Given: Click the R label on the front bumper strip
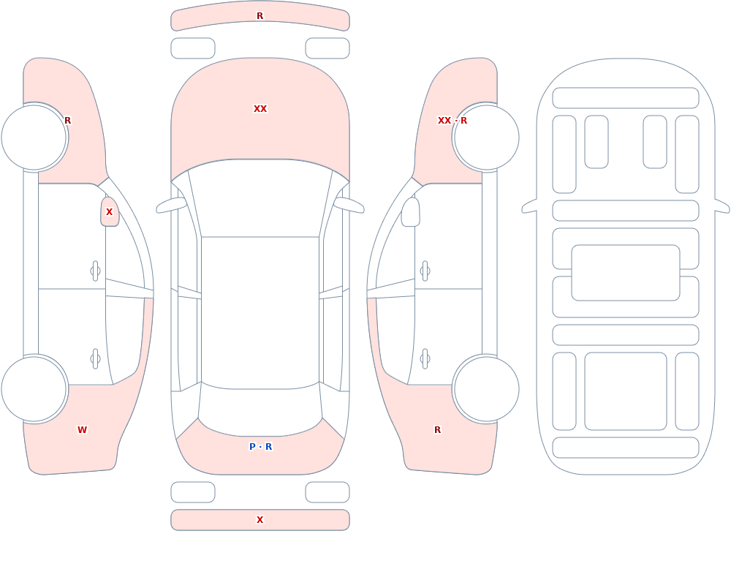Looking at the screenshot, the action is pyautogui.click(x=260, y=16).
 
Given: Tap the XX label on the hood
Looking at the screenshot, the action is pyautogui.click(x=260, y=109).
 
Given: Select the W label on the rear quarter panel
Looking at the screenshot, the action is pyautogui.click(x=82, y=430).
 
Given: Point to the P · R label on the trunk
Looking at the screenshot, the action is pyautogui.click(x=261, y=447).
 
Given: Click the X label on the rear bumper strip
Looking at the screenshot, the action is pyautogui.click(x=260, y=520).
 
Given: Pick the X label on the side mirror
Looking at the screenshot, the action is pyautogui.click(x=109, y=212).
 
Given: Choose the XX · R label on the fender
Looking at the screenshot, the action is pyautogui.click(x=452, y=121).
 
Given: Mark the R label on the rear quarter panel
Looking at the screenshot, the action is pyautogui.click(x=437, y=430).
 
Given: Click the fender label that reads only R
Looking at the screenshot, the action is pyautogui.click(x=67, y=121).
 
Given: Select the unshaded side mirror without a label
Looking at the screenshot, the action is pyautogui.click(x=410, y=212).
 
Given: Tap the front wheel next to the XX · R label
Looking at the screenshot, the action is pyautogui.click(x=486, y=138).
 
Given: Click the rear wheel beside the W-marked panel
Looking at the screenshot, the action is pyautogui.click(x=34, y=388).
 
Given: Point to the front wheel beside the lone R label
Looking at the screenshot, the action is pyautogui.click(x=34, y=138).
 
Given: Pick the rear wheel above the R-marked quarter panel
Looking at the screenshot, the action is pyautogui.click(x=486, y=388).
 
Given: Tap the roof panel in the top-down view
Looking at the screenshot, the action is pyautogui.click(x=260, y=312).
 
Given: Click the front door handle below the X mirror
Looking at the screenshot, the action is pyautogui.click(x=96, y=271).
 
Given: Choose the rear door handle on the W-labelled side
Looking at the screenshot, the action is pyautogui.click(x=96, y=359).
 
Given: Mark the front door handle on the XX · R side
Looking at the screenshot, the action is pyautogui.click(x=425, y=271).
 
